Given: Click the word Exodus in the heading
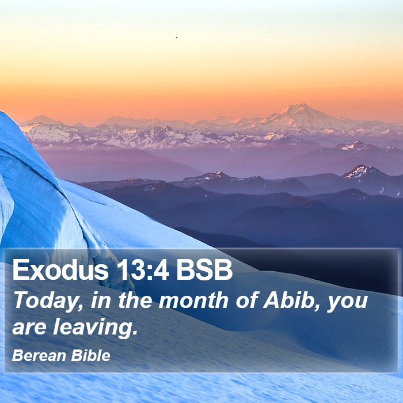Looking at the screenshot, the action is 60,269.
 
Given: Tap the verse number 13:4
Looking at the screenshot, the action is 143,269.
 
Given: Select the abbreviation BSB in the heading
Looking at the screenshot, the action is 204,269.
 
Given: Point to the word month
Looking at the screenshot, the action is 193,300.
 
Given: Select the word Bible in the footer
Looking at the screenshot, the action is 91,356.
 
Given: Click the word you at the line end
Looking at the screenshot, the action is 348,303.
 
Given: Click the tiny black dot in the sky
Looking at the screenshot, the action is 177,37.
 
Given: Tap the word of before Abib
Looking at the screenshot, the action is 246,300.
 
